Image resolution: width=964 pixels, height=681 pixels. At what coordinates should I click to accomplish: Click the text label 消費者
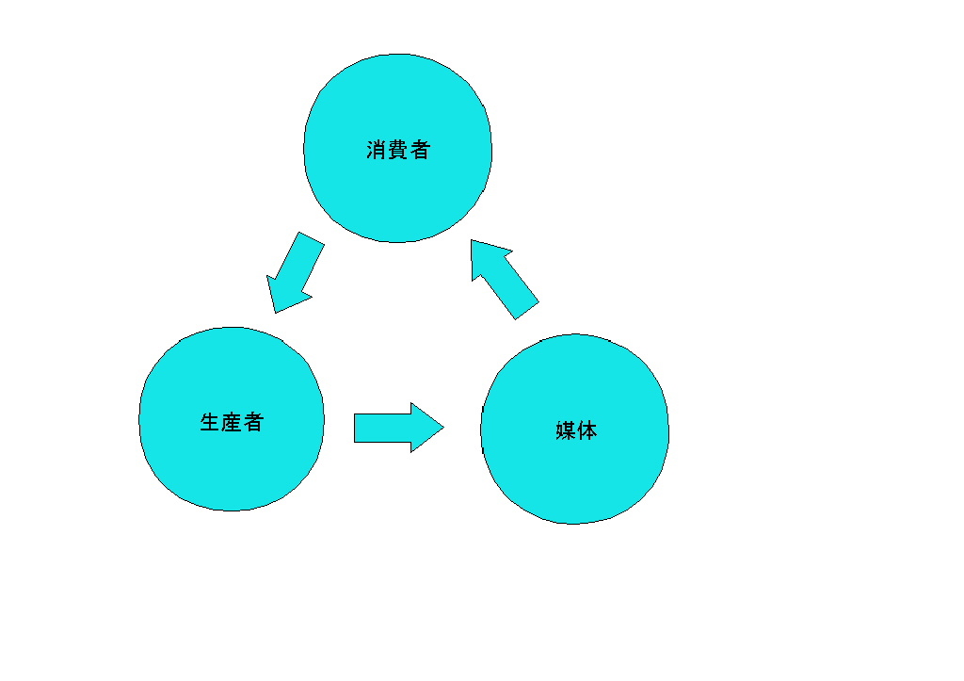(398, 150)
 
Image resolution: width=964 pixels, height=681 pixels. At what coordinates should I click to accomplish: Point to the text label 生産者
(232, 422)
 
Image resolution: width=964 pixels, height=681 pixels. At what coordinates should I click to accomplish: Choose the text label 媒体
(576, 431)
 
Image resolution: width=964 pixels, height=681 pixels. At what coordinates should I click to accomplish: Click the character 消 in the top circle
(377, 150)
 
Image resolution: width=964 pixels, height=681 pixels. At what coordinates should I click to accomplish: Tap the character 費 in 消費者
(398, 150)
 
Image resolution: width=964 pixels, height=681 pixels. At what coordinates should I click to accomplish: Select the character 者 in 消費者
(420, 150)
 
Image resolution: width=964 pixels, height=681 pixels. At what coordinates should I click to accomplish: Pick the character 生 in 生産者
(210, 422)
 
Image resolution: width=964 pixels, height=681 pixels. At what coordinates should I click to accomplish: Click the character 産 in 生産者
(232, 422)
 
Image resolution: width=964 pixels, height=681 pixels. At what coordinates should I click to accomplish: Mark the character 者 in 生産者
(253, 422)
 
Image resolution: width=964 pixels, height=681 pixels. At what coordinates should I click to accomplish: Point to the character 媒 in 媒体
(566, 431)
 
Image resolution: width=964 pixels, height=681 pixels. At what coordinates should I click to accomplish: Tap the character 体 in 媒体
(587, 431)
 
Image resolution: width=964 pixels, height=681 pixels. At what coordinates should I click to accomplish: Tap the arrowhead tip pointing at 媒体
(442, 428)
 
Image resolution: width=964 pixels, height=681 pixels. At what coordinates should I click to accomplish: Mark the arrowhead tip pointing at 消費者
(472, 241)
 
